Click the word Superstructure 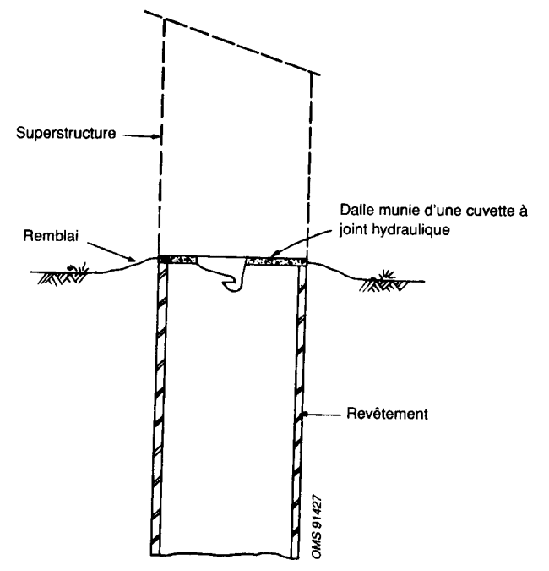coord(68,133)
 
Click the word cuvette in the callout coord(480,208)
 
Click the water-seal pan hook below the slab coord(231,279)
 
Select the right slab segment coord(275,262)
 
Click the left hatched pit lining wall coord(157,406)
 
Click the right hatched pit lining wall coord(299,406)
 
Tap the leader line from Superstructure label coord(138,134)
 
